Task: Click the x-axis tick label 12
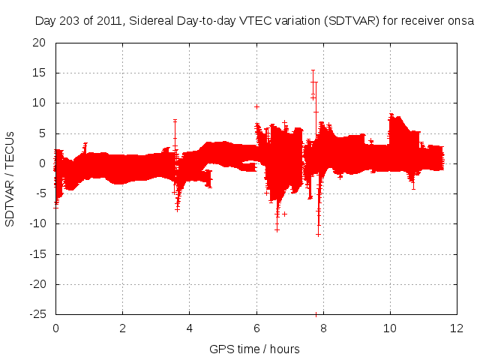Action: tap(456, 328)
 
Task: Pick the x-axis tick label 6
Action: tap(256, 328)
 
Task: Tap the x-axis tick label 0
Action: tap(55, 328)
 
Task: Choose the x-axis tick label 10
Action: tap(389, 328)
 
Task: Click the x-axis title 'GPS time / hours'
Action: tap(255, 349)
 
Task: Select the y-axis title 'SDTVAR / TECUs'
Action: tap(10, 178)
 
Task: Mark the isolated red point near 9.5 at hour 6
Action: tap(256, 106)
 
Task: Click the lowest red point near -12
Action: tap(318, 235)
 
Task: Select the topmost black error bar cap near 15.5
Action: tap(313, 70)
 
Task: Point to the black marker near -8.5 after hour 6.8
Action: tap(284, 214)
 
